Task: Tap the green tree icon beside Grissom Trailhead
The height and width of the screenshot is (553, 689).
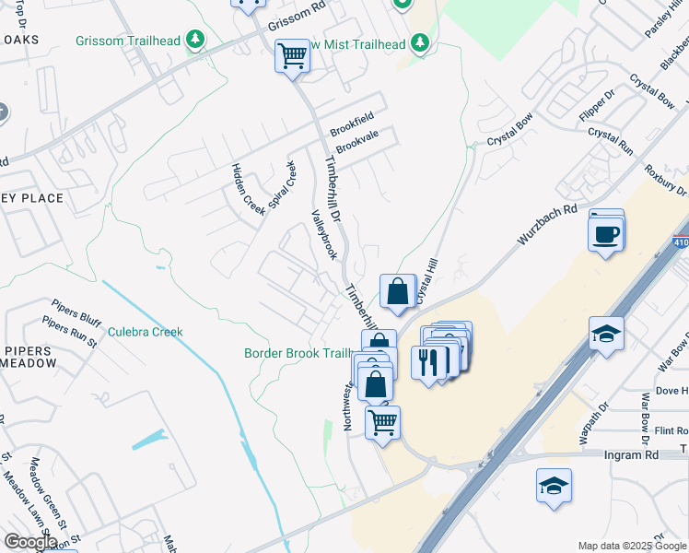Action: [x=194, y=40]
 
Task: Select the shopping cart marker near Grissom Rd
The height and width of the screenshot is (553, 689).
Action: [x=293, y=56]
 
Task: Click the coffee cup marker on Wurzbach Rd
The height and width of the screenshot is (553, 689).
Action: [x=606, y=234]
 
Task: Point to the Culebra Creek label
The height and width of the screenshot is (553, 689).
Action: [x=146, y=332]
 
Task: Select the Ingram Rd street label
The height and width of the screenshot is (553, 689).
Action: [x=631, y=455]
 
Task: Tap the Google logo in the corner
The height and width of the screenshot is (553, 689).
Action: [x=30, y=541]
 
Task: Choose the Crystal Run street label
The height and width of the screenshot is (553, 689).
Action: [x=612, y=141]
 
